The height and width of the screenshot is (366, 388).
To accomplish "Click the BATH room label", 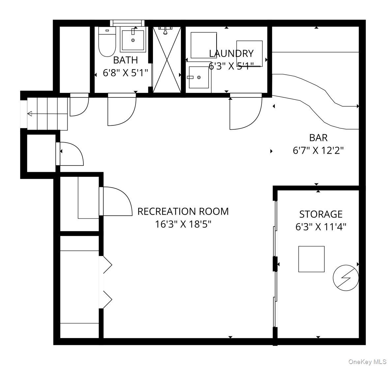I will pyautogui.click(x=125, y=60).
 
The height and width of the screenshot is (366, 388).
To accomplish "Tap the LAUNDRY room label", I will pyautogui.click(x=231, y=53).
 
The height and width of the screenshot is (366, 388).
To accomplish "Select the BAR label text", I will pyautogui.click(x=318, y=137).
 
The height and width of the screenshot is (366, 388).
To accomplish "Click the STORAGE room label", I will pyautogui.click(x=321, y=214).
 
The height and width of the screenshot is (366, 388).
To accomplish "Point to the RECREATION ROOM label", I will pyautogui.click(x=183, y=211).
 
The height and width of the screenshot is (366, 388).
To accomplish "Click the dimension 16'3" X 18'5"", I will pyautogui.click(x=183, y=224).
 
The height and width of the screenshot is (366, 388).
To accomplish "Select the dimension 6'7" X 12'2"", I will pyautogui.click(x=318, y=150).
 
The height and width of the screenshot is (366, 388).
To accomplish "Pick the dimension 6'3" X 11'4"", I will pyautogui.click(x=321, y=227).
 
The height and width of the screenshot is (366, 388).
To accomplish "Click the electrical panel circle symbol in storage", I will pyautogui.click(x=345, y=278).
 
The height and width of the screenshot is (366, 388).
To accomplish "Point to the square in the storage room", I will pyautogui.click(x=311, y=259).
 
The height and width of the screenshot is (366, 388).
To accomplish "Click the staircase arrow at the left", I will pyautogui.click(x=30, y=114).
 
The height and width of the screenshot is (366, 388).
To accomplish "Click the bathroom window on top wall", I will pyautogui.click(x=128, y=22).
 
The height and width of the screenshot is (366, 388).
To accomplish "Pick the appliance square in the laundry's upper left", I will pyautogui.click(x=204, y=45).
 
